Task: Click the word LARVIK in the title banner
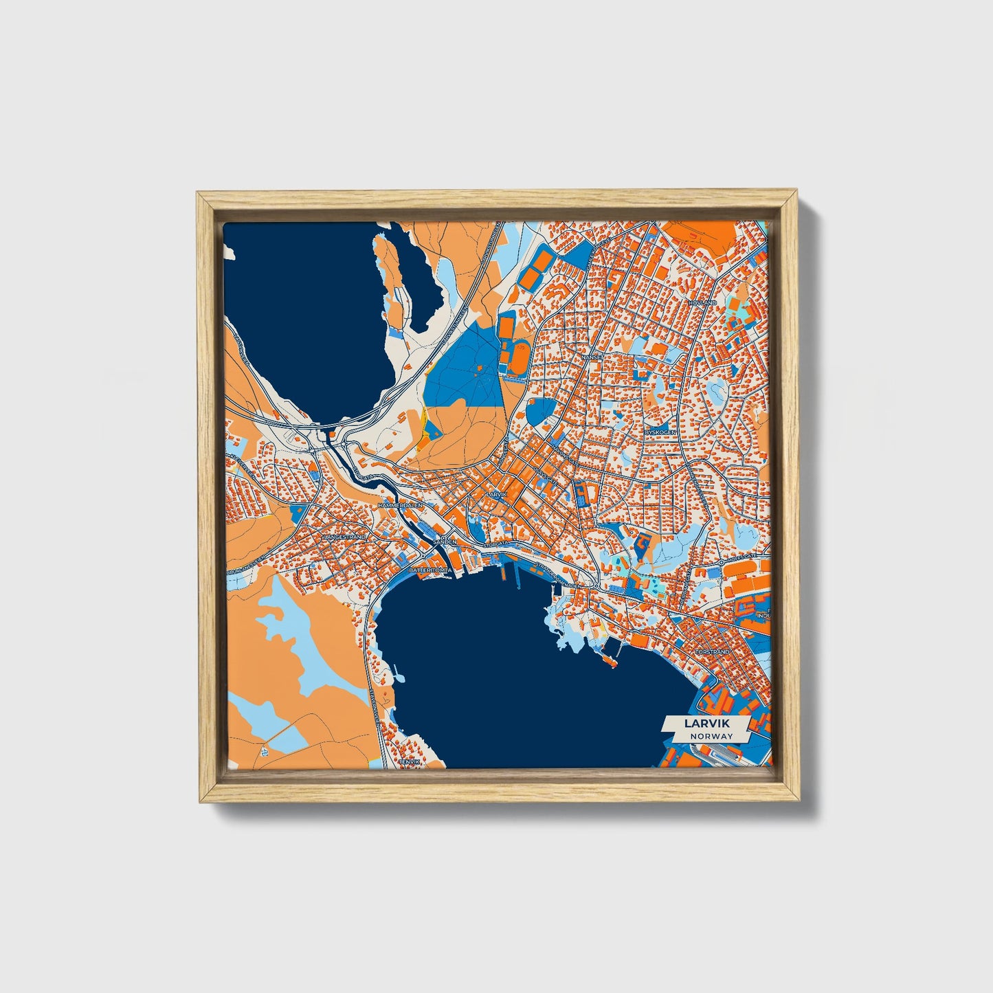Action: pyautogui.click(x=706, y=723)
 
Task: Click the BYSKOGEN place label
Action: pyautogui.click(x=661, y=432)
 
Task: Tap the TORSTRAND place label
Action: pyautogui.click(x=711, y=651)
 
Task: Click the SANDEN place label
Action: pyautogui.click(x=445, y=542)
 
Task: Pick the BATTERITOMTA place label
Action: pyautogui.click(x=429, y=570)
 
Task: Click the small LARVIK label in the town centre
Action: pyautogui.click(x=495, y=494)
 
